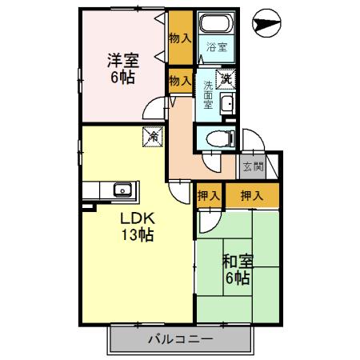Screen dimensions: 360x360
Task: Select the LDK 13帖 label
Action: (x=137, y=227)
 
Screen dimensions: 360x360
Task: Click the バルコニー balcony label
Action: (x=180, y=340)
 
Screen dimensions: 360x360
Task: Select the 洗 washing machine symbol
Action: (x=226, y=78)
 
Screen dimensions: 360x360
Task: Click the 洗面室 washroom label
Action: (x=207, y=94)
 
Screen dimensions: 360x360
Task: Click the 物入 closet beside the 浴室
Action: (x=180, y=38)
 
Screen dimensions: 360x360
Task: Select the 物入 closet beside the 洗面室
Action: (x=180, y=80)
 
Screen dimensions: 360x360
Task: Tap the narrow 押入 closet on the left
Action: (x=209, y=194)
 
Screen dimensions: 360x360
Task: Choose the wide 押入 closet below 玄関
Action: (x=251, y=194)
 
